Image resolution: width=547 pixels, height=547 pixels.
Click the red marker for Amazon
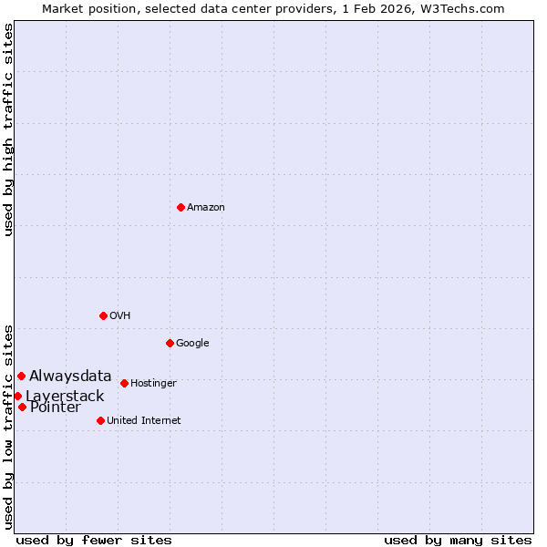(x=181, y=208)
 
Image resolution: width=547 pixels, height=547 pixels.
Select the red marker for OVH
(x=103, y=315)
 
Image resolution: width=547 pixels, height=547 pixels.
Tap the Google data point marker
(x=170, y=343)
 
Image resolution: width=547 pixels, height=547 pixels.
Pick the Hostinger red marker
(x=124, y=383)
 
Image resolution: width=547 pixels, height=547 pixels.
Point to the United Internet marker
(x=100, y=420)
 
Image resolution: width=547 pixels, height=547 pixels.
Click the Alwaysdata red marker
(x=21, y=376)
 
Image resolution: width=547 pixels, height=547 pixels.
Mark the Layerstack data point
(x=17, y=396)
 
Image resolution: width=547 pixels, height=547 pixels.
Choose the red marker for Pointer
(x=22, y=407)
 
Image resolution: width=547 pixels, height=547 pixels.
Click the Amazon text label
(x=206, y=208)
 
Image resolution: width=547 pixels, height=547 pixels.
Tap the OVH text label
(x=120, y=316)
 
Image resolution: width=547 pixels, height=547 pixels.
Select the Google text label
(x=192, y=344)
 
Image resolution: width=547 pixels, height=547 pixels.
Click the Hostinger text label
(x=153, y=384)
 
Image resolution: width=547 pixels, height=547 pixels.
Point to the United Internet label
(x=144, y=421)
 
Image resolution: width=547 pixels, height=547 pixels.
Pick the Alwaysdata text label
(x=70, y=376)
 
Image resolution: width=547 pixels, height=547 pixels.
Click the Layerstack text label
(x=65, y=397)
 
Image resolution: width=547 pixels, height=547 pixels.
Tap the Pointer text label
(x=55, y=408)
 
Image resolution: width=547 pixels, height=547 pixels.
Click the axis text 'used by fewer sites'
(x=94, y=540)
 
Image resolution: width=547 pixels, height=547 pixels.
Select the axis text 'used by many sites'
(x=458, y=540)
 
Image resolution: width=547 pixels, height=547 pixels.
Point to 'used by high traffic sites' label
(x=9, y=130)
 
